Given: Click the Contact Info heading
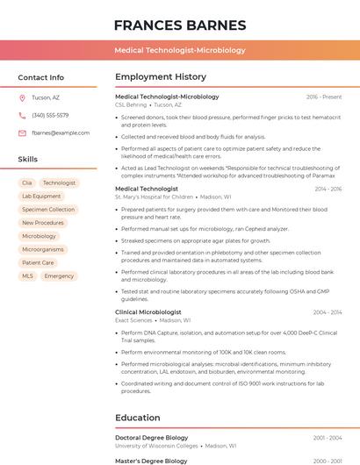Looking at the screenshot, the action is (41, 77).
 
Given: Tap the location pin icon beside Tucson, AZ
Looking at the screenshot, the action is (22, 97).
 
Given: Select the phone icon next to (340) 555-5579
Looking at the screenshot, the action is (22, 115).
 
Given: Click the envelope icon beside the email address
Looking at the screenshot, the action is (22, 133).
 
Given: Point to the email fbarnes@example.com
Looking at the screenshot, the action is (61, 133).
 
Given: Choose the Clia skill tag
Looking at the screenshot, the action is (27, 183).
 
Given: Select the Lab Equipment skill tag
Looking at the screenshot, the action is (41, 197).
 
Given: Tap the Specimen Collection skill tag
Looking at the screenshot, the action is (48, 210).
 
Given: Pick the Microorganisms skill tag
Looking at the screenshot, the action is (42, 249).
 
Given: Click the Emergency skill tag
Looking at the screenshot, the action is (59, 276).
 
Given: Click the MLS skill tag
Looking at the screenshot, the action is (28, 276).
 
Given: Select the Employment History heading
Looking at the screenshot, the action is (161, 77).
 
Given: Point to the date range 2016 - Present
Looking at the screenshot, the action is (324, 97).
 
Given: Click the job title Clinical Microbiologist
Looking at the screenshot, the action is (148, 312).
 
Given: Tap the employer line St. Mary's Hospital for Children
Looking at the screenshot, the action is (155, 197).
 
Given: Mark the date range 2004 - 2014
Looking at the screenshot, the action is (327, 312).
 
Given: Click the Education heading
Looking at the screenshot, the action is (138, 418).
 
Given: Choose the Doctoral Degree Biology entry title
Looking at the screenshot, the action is (152, 437).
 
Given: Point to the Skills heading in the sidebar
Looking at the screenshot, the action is (28, 159).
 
